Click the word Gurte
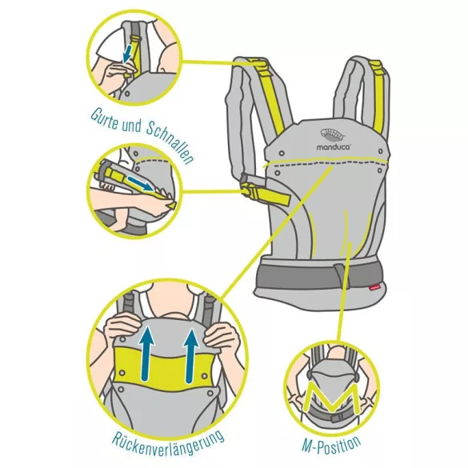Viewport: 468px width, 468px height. pyautogui.click(x=104, y=118)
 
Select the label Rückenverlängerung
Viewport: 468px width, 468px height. pyautogui.click(x=168, y=442)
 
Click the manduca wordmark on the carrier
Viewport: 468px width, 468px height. pyautogui.click(x=334, y=146)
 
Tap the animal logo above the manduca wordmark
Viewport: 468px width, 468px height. pyautogui.click(x=333, y=135)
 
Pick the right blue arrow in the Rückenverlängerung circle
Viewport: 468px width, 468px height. pyautogui.click(x=191, y=355)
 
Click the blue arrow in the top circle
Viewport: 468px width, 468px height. pyautogui.click(x=128, y=54)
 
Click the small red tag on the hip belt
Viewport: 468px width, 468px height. pyautogui.click(x=374, y=288)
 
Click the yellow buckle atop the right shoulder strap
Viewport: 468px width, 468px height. pyautogui.click(x=377, y=69)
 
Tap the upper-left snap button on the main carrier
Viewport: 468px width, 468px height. pyautogui.click(x=282, y=154)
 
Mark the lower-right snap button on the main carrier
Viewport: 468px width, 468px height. pyautogui.click(x=380, y=170)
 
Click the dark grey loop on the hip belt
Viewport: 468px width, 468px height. pyautogui.click(x=340, y=272)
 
